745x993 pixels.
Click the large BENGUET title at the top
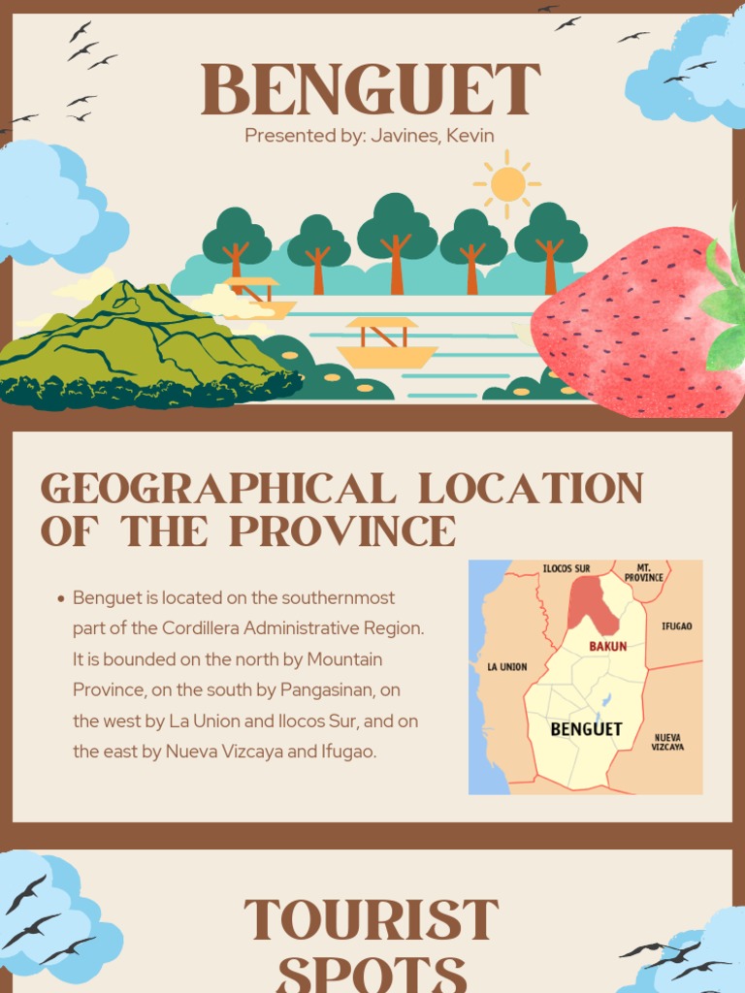click(371, 91)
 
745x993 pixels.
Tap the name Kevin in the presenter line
click(472, 135)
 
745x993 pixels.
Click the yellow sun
click(507, 183)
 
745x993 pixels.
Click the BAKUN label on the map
click(608, 645)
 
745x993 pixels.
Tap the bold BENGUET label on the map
click(586, 729)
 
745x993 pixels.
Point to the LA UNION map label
click(506, 667)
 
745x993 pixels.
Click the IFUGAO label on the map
click(676, 626)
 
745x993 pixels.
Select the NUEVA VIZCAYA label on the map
click(667, 742)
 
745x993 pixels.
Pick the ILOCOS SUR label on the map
click(566, 568)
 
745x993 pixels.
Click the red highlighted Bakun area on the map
click(591, 601)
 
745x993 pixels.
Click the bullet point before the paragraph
click(61, 598)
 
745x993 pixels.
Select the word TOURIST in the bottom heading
click(372, 921)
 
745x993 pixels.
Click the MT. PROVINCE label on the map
click(643, 572)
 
